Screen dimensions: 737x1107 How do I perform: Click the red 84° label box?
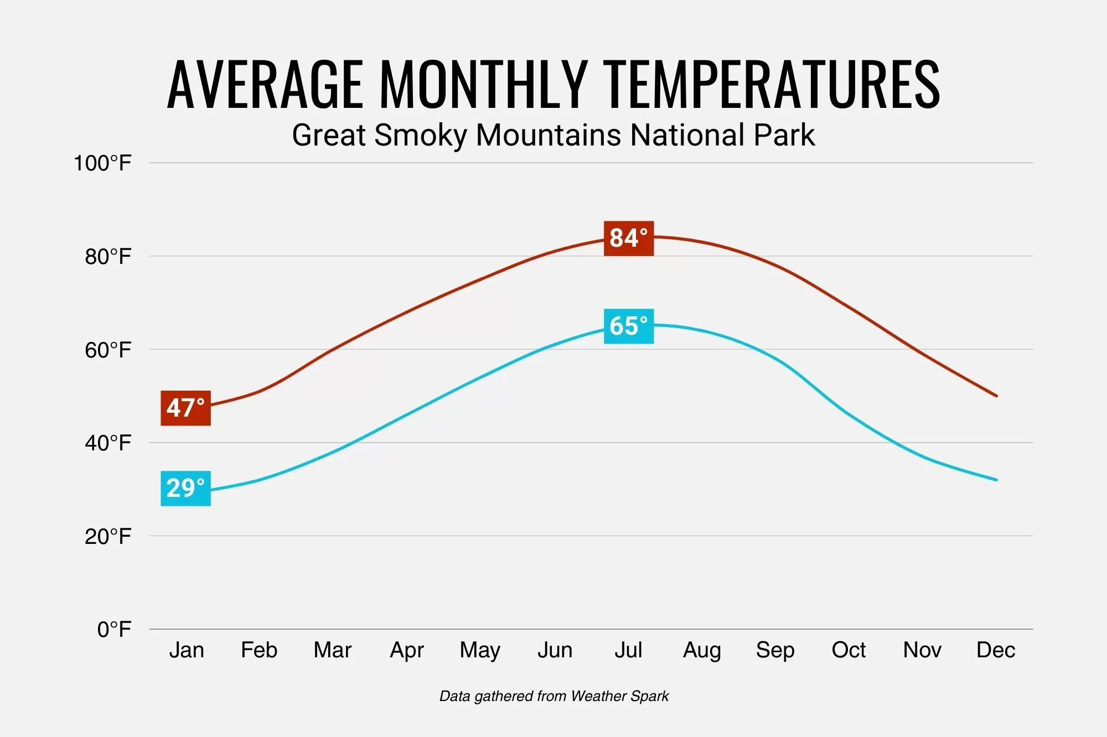click(x=628, y=238)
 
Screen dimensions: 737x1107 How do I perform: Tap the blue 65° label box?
click(x=628, y=326)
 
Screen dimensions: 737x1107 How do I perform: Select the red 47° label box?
click(x=185, y=408)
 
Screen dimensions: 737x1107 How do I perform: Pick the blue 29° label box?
click(x=185, y=489)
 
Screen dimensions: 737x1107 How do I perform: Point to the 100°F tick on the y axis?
click(x=102, y=164)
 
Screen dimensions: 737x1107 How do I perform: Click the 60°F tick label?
click(x=108, y=350)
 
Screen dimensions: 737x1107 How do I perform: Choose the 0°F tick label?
click(x=114, y=630)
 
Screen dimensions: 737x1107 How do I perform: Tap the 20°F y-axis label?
click(x=108, y=537)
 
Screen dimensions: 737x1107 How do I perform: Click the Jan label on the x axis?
click(x=187, y=650)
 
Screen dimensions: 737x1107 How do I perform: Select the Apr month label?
click(x=407, y=650)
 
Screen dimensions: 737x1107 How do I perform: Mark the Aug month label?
click(x=702, y=650)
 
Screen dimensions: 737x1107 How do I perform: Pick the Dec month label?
click(x=996, y=650)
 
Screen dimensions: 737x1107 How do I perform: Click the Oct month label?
click(x=849, y=650)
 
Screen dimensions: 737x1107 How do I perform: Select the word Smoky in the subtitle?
click(x=421, y=136)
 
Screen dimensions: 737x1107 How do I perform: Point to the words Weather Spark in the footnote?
click(x=619, y=696)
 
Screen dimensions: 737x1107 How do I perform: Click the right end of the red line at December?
click(x=996, y=396)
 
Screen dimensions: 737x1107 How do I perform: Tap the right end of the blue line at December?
click(x=996, y=480)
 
